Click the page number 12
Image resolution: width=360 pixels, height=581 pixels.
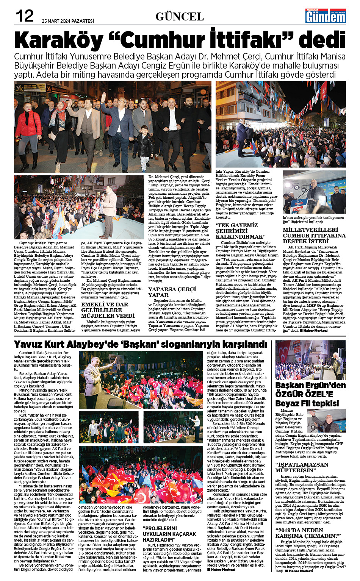(24, 16)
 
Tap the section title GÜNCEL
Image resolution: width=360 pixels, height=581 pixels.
(180, 16)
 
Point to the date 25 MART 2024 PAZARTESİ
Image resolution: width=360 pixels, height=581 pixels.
(68, 21)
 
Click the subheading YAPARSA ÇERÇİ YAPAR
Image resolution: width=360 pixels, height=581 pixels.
(172, 292)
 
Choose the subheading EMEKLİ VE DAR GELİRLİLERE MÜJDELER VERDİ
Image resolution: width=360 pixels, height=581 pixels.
(108, 310)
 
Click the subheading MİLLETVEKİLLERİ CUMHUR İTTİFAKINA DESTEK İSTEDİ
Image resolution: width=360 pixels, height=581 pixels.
(314, 235)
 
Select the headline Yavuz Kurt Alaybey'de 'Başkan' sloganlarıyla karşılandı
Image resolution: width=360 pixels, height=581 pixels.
(141, 344)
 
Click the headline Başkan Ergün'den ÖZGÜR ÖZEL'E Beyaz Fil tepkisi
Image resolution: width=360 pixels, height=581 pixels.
(310, 394)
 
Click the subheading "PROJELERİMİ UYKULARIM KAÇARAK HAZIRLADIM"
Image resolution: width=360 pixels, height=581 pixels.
(169, 534)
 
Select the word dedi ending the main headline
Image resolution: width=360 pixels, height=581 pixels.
(322, 40)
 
